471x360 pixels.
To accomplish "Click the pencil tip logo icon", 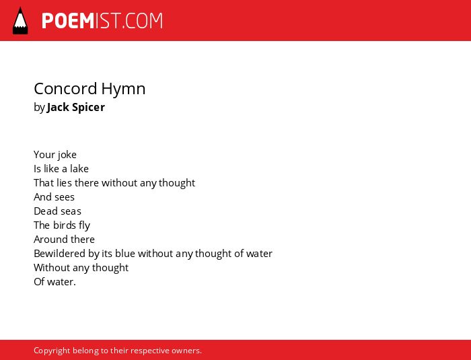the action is pos(20,21).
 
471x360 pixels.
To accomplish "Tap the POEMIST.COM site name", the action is pos(102,21).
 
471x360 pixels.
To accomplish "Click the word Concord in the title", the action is pos(65,89).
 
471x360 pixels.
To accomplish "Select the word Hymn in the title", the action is pos(123,89).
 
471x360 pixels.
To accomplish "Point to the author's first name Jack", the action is pos(58,107).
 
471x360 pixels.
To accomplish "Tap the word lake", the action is pos(79,169).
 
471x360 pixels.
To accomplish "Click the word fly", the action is pos(84,225).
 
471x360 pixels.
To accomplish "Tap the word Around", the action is pos(48,239).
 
